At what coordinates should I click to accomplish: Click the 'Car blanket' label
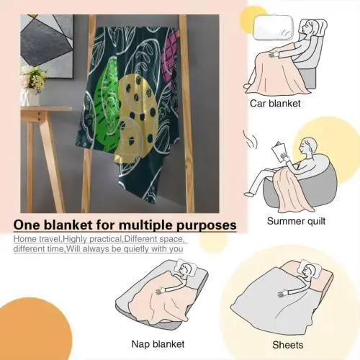[x=275, y=104]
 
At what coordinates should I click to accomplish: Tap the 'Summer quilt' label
[x=296, y=221]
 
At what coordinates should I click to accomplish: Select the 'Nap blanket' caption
[x=158, y=344]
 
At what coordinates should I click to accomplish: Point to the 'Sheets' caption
[x=288, y=345]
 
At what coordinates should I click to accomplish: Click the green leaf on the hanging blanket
[x=106, y=103]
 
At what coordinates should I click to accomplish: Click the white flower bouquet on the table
[x=34, y=78]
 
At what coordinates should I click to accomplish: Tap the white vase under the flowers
[x=30, y=97]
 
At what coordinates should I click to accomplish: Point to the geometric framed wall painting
[x=47, y=46]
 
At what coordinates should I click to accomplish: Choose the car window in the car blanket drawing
[x=274, y=27]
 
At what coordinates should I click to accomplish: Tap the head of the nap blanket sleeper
[x=185, y=268]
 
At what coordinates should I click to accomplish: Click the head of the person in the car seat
[x=307, y=26]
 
